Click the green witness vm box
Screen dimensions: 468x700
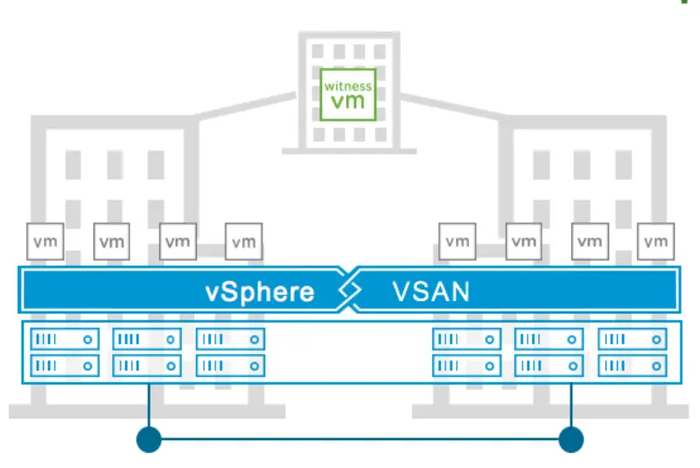(x=348, y=94)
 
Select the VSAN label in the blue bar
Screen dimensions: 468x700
(x=430, y=290)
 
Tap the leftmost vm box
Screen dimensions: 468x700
(x=45, y=241)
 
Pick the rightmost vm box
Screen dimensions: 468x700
(x=655, y=241)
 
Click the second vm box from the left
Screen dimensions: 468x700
(x=111, y=241)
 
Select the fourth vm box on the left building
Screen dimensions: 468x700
(x=243, y=241)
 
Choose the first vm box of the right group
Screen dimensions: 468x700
(x=457, y=241)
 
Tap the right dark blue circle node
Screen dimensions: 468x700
(x=570, y=439)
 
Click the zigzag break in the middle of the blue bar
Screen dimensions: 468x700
(x=348, y=290)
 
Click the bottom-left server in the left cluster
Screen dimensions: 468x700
(x=64, y=365)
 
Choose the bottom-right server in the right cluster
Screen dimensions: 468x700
(x=632, y=365)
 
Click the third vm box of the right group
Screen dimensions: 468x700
(x=589, y=241)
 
